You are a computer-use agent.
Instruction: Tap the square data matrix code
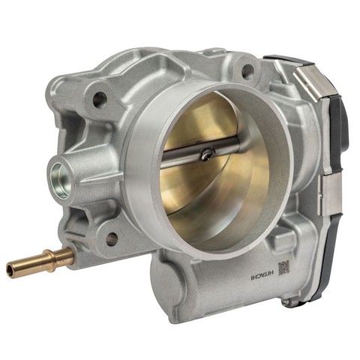(283, 268)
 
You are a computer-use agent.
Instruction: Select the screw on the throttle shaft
(207, 154)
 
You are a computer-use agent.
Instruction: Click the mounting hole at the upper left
(100, 99)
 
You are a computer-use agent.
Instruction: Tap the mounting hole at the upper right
(248, 70)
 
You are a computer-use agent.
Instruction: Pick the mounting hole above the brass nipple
(112, 238)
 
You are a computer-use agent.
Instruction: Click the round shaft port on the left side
(59, 181)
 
